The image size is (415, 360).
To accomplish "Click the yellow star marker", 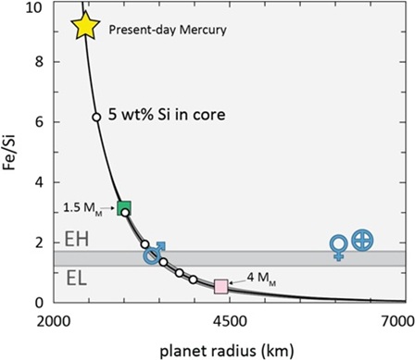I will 85,26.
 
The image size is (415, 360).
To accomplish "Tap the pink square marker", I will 221,286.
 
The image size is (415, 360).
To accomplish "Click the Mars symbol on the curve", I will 154,253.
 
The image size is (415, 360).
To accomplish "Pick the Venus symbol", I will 340,247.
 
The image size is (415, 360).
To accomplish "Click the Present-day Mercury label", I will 168,30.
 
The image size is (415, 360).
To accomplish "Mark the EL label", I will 77,276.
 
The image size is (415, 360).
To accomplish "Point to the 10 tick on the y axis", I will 36,7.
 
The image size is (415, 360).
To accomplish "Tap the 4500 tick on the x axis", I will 228,320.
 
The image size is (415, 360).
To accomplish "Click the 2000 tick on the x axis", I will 64,320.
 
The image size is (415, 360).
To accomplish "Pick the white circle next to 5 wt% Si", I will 96,118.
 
